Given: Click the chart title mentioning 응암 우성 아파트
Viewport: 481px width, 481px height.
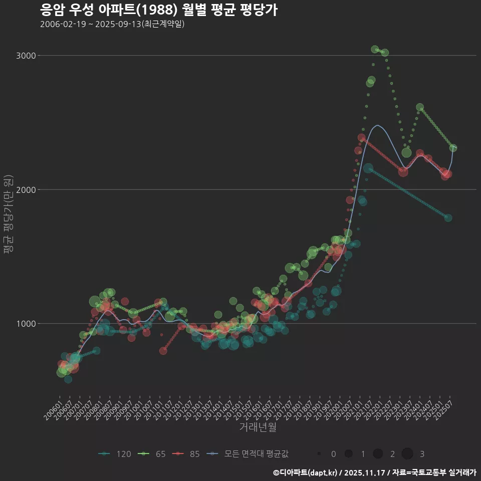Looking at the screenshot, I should [x=158, y=10].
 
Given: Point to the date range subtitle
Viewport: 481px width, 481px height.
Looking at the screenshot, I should [x=112, y=24].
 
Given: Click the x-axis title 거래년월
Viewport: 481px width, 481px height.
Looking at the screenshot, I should [x=258, y=427].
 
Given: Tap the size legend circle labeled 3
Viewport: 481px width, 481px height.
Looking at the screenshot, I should [x=407, y=454].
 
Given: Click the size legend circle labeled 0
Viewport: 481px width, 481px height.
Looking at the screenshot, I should [x=319, y=454].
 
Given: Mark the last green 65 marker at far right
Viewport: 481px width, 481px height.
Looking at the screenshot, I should [x=453, y=148].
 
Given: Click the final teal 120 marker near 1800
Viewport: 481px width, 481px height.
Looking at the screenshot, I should [x=448, y=218].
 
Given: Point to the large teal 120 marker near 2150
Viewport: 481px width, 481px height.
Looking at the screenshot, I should [x=368, y=169].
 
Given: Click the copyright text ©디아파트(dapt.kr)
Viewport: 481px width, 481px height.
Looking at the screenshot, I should [x=305, y=472].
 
